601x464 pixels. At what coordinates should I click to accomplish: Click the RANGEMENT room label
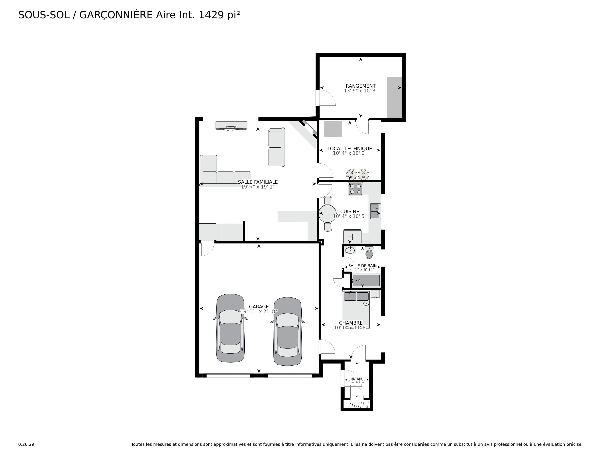pyautogui.click(x=360, y=86)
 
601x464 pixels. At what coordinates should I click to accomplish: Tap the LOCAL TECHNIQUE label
pyautogui.click(x=349, y=149)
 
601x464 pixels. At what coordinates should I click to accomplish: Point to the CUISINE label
pyautogui.click(x=349, y=211)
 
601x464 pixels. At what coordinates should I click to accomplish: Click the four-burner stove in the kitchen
pyautogui.click(x=355, y=189)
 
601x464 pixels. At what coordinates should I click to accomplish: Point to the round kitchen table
pyautogui.click(x=327, y=214)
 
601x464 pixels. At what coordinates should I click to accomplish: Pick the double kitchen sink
pyautogui.click(x=375, y=211)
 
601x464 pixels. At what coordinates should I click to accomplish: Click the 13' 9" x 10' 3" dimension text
pyautogui.click(x=360, y=91)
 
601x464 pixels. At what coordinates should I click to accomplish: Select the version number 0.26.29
pyautogui.click(x=26, y=444)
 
